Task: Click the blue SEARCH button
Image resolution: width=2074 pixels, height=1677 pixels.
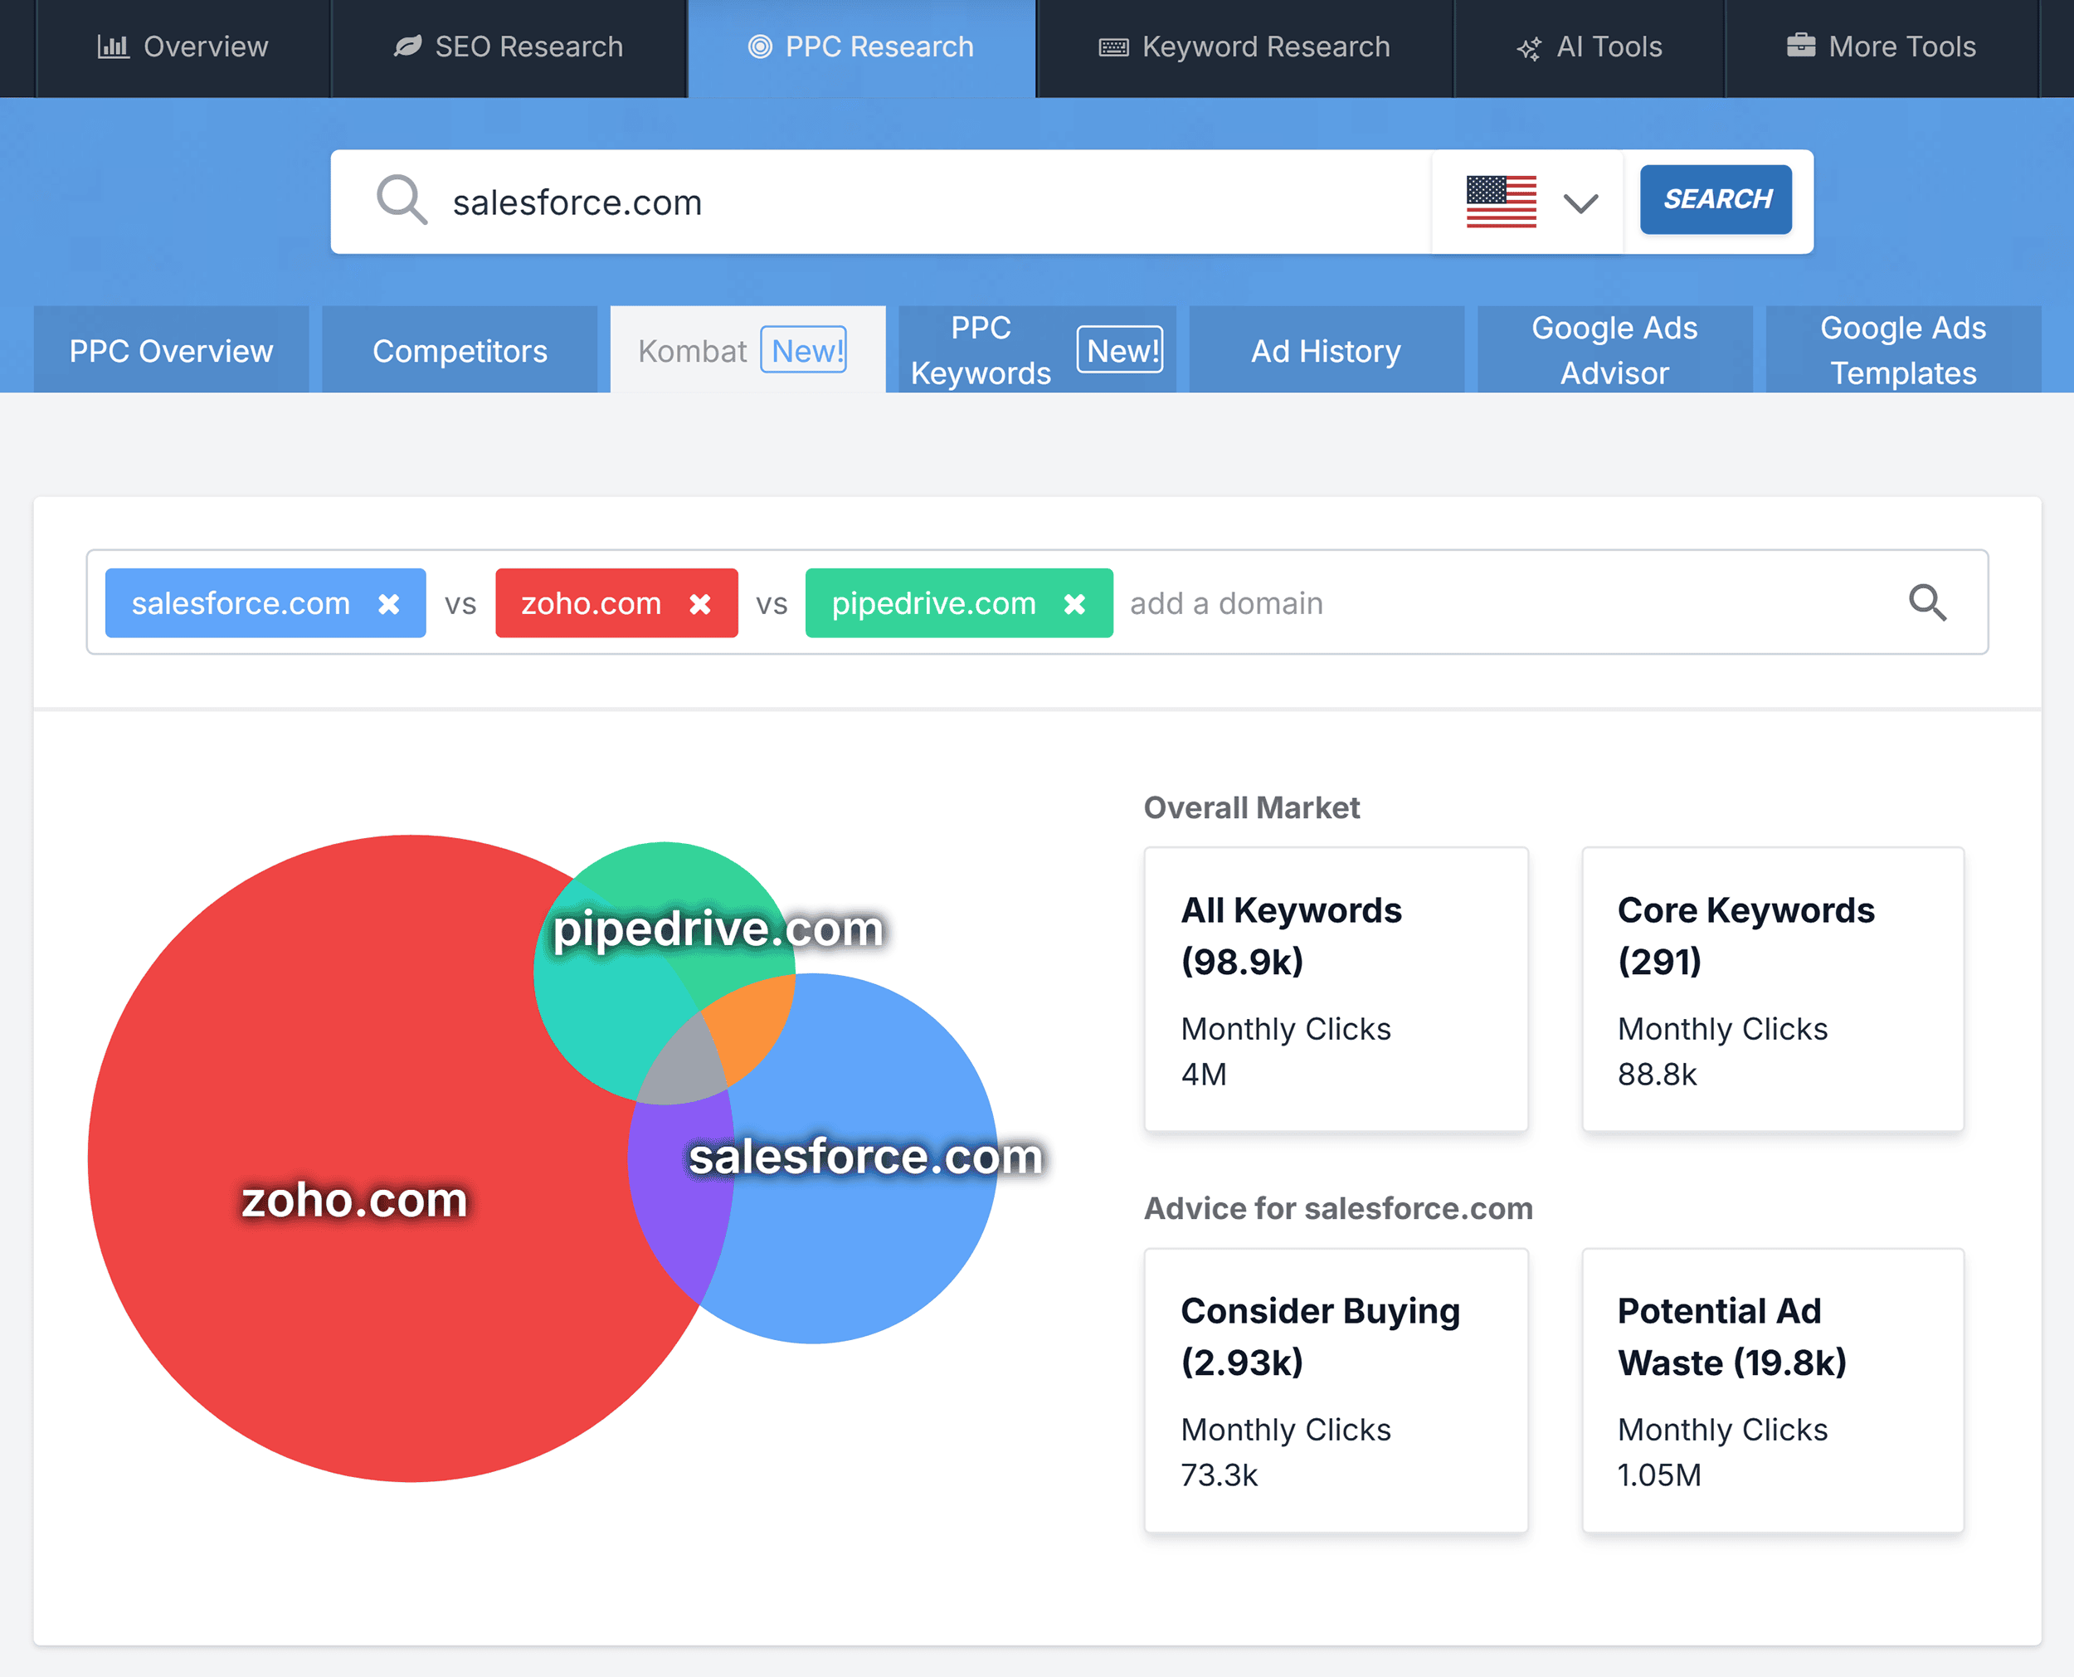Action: pyautogui.click(x=1716, y=200)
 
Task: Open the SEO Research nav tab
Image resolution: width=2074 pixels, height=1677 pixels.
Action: pyautogui.click(x=509, y=46)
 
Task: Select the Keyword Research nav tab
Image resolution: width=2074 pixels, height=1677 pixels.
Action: pyautogui.click(x=1244, y=46)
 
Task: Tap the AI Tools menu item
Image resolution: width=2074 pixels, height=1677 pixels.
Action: pyautogui.click(x=1590, y=46)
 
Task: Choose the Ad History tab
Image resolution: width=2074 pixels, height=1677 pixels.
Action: pyautogui.click(x=1326, y=351)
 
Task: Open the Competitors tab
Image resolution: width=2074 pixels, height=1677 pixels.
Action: pyautogui.click(x=460, y=351)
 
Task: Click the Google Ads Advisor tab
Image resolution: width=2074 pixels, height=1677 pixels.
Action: pyautogui.click(x=1614, y=351)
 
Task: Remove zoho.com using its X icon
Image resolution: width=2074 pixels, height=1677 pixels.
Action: pyautogui.click(x=700, y=604)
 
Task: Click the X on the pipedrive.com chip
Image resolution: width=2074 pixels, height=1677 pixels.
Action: pyautogui.click(x=1074, y=604)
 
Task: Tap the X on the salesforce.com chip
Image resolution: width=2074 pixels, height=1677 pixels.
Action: pyautogui.click(x=389, y=604)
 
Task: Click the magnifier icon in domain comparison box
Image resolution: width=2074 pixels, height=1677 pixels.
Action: pyautogui.click(x=1927, y=602)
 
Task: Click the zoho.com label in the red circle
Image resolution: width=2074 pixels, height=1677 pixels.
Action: pyautogui.click(x=354, y=1200)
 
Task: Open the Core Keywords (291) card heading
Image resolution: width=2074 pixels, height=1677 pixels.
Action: pyautogui.click(x=1745, y=935)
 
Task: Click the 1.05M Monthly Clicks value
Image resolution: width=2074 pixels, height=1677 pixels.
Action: pyautogui.click(x=1659, y=1475)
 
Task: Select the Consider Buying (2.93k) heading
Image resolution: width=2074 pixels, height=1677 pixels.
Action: pyautogui.click(x=1320, y=1336)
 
